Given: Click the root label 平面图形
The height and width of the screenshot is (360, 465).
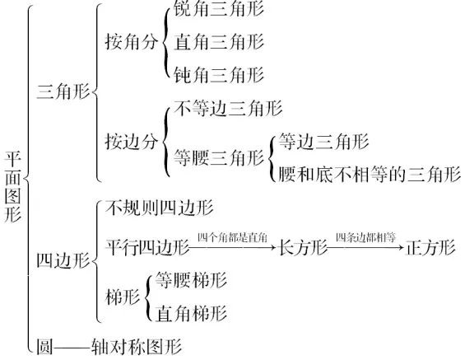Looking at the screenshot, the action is pos(13,187).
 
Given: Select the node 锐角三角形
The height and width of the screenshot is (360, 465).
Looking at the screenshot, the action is pos(219,8).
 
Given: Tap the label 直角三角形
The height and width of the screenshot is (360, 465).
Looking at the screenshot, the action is pos(219,42).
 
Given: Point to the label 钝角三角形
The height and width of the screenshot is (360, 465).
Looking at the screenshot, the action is pos(219,74).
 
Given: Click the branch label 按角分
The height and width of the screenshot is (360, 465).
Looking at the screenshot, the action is pos(132,42).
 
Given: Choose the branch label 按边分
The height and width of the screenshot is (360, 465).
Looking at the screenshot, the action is pos(132,141).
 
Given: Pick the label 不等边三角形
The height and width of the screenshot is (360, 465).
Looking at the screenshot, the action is pos(228,108).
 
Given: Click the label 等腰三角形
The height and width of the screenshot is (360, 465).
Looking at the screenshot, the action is pos(219,157).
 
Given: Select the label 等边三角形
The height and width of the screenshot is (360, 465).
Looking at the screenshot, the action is pos(323,141).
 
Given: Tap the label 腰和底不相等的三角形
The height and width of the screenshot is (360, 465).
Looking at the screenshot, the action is pos(370,174).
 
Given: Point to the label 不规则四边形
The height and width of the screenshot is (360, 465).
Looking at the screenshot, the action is pos(159,208).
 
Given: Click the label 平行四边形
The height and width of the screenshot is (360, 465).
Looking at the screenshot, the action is pos(147,247).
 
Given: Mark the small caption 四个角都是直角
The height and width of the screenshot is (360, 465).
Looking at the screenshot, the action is pos(232,237).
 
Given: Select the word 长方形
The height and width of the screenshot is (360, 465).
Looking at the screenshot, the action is pos(303,247).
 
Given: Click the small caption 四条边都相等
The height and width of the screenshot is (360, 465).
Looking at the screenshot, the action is pos(365,237).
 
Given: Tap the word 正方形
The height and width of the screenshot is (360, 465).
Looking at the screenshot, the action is pos(430,247).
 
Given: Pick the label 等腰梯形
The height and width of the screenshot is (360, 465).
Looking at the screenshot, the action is pos(191,280).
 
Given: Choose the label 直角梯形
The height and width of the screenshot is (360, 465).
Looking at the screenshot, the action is pos(191,313).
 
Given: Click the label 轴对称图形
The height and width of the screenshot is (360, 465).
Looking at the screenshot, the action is pos(137,346).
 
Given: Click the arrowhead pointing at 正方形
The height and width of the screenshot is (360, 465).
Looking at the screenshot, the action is pos(402,247).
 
